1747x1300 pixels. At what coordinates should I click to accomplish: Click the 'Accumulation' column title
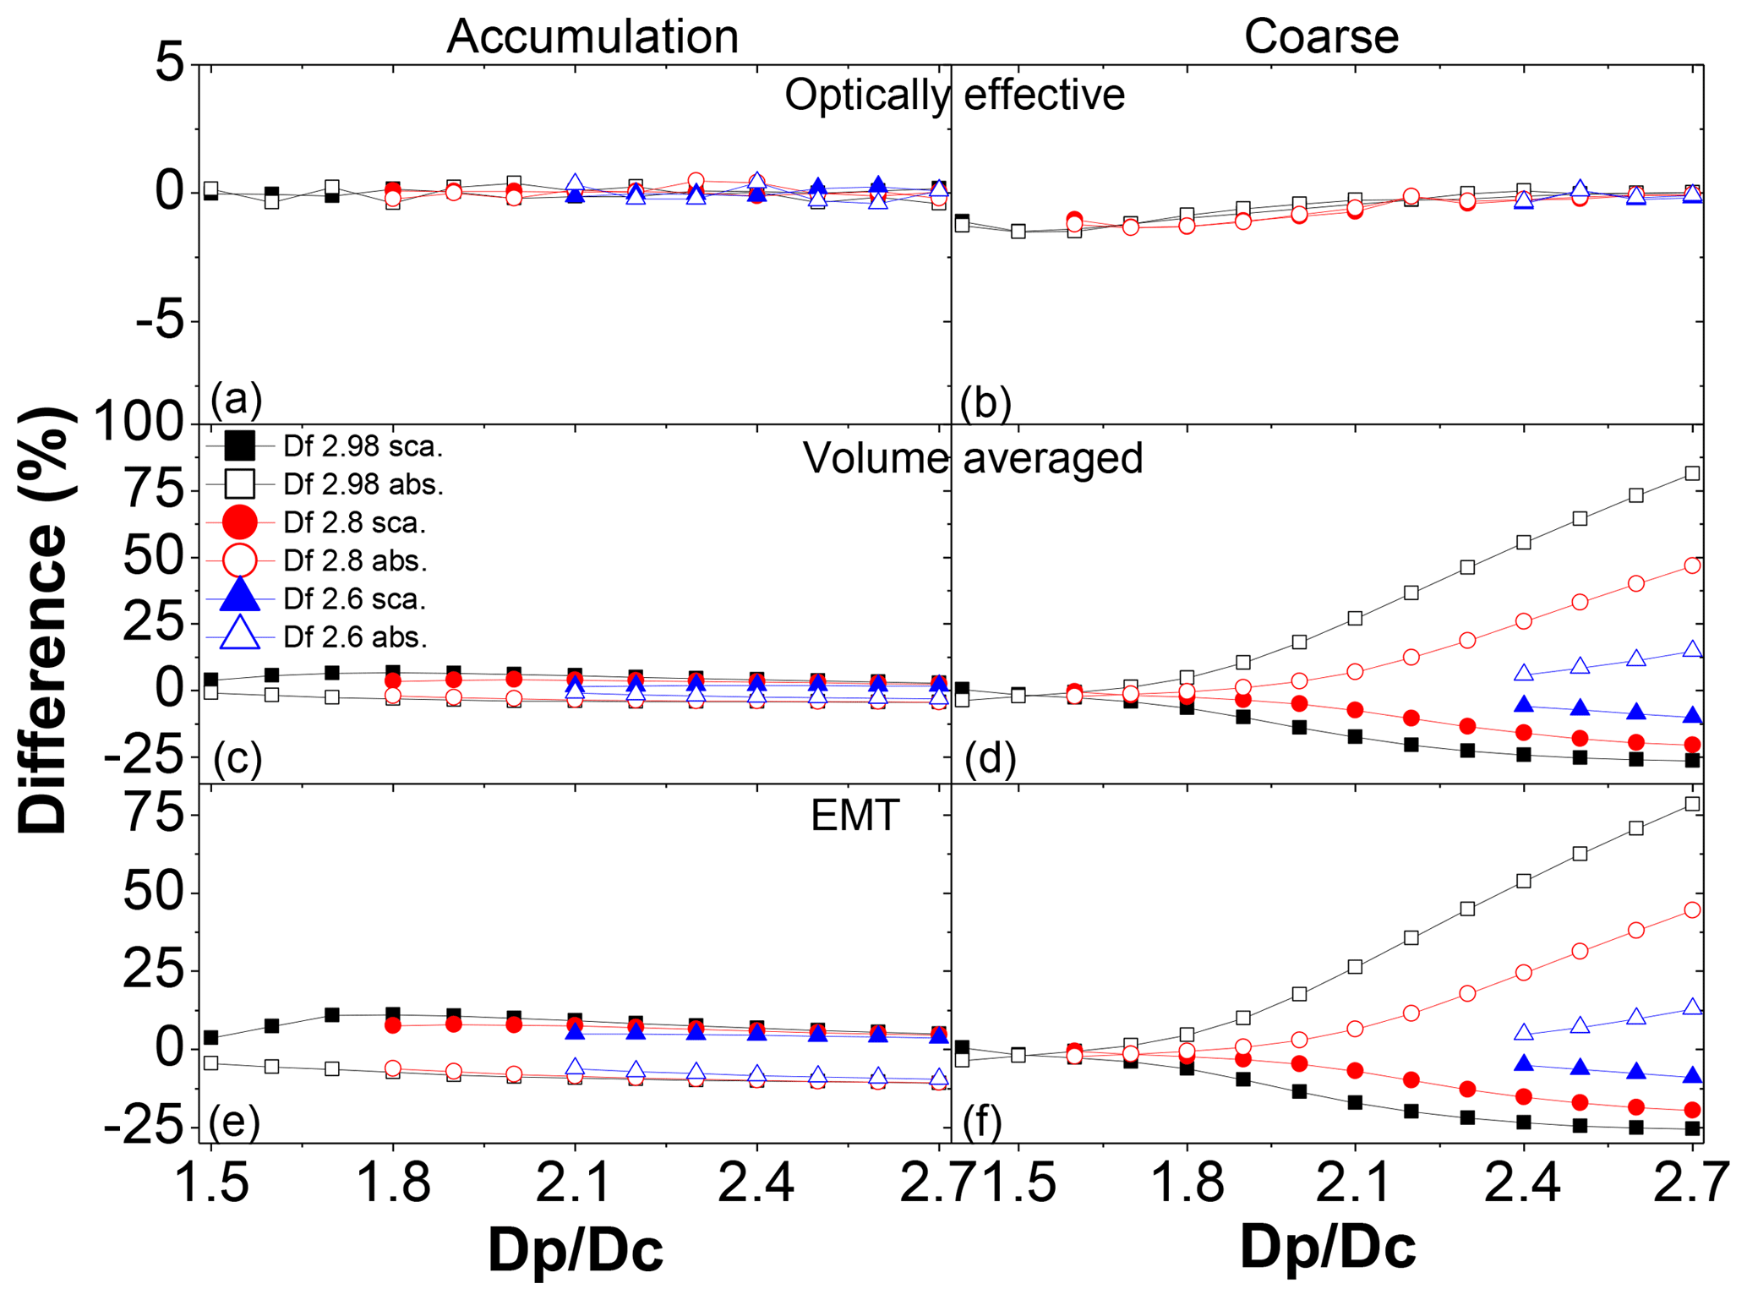pos(592,36)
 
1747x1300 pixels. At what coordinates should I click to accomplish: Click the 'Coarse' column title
pos(1321,36)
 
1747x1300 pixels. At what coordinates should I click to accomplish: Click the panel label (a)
pos(236,398)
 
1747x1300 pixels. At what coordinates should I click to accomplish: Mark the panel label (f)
pos(982,1121)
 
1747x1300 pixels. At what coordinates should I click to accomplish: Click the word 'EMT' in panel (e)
pos(854,817)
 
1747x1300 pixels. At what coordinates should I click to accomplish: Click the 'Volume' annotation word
pos(876,458)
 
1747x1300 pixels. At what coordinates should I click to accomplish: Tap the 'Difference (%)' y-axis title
pos(44,621)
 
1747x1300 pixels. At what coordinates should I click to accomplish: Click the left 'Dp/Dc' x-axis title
pos(576,1249)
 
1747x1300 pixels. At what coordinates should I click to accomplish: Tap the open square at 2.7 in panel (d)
pos(1692,473)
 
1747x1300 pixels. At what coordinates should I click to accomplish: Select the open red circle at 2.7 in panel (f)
pos(1692,909)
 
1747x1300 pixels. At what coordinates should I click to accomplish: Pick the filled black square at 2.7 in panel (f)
pos(1692,1128)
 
